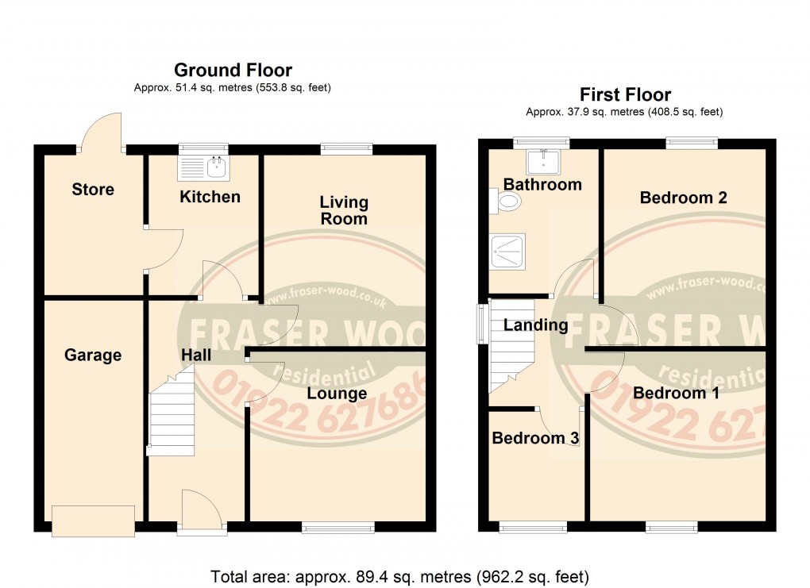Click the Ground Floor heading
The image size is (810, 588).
click(233, 71)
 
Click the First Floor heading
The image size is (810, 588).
click(625, 94)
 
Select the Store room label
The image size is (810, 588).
click(93, 190)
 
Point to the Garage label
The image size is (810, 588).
click(93, 355)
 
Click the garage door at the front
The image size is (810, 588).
click(94, 520)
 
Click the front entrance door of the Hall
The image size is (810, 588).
click(201, 512)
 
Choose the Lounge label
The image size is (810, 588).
click(337, 394)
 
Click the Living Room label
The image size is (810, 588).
click(344, 210)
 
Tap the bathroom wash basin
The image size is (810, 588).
click(544, 160)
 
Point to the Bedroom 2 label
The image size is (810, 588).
click(683, 198)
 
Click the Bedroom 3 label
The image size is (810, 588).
click(534, 438)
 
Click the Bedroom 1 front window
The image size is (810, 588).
click(672, 526)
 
